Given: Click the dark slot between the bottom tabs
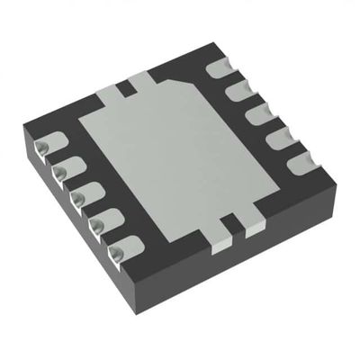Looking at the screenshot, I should tap(237, 226).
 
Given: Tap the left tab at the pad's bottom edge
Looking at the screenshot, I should tap(220, 233).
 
